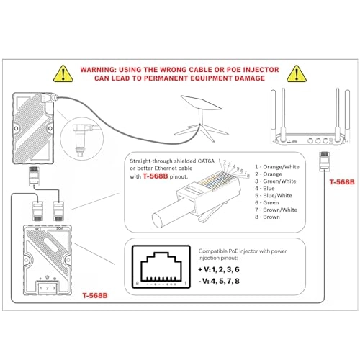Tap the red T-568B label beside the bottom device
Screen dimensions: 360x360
point(95,295)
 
